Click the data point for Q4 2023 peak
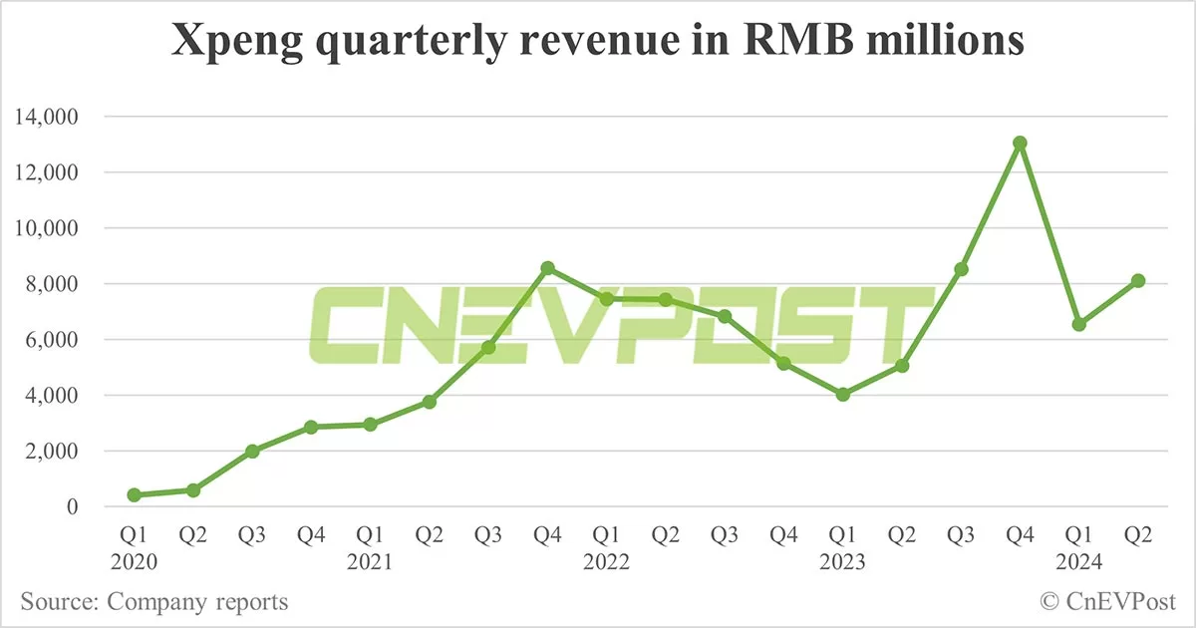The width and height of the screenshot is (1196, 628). [x=1020, y=144]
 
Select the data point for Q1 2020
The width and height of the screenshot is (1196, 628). [x=134, y=494]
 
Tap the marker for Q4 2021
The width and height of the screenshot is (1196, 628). [x=547, y=268]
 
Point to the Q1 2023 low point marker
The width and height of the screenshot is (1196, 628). [x=843, y=395]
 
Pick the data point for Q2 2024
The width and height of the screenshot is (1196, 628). [x=1138, y=281]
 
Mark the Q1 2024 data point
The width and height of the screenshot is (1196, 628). [x=1079, y=324]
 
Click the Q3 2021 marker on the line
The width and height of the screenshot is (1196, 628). [x=488, y=347]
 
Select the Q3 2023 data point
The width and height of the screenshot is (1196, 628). [x=961, y=269]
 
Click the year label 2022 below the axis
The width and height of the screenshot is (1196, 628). [x=606, y=563]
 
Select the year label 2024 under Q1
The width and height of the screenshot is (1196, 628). [x=1079, y=563]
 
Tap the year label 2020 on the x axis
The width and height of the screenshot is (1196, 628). [x=134, y=563]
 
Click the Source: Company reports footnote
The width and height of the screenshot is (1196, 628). [x=154, y=602]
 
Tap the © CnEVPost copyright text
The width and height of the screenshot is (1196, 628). [x=1107, y=602]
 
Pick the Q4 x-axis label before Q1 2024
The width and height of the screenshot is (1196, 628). [x=1020, y=535]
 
